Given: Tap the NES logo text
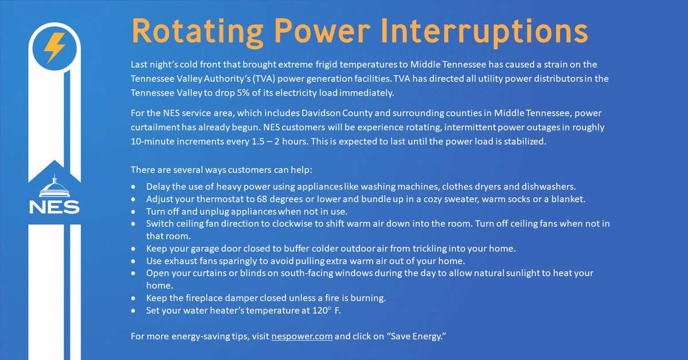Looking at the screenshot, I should click(x=54, y=207).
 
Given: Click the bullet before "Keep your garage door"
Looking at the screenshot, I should click(x=134, y=249).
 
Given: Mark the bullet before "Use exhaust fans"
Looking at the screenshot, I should click(x=134, y=261).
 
